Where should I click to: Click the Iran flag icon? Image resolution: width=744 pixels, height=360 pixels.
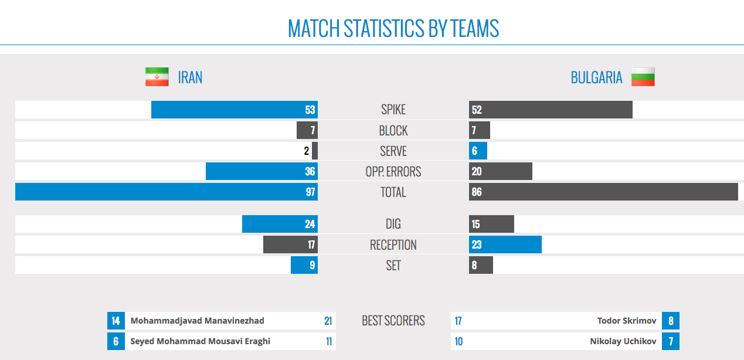[157, 77]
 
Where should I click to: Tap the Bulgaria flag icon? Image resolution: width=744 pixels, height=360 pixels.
[643, 77]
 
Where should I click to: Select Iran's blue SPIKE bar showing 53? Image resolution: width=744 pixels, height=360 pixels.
[234, 110]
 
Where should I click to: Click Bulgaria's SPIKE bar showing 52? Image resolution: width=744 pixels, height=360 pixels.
[551, 110]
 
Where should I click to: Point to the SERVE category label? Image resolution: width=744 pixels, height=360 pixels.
[393, 151]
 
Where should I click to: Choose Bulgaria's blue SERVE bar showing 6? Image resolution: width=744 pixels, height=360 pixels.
[478, 151]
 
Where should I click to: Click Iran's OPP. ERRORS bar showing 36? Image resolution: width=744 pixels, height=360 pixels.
[261, 171]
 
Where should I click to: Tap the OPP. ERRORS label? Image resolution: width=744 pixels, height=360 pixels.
[393, 172]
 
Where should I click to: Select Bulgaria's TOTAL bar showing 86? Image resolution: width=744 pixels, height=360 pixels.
[603, 192]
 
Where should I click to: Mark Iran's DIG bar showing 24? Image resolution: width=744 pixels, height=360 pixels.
[280, 224]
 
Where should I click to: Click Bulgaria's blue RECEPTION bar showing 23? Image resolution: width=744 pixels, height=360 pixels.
[505, 244]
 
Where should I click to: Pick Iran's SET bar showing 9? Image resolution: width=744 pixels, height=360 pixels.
[304, 265]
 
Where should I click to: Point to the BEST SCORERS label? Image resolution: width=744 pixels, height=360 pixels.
[393, 321]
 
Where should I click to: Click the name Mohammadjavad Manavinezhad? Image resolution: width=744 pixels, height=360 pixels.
[197, 321]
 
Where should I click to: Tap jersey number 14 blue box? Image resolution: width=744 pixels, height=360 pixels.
[115, 321]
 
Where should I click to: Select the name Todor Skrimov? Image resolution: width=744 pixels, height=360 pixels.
[626, 321]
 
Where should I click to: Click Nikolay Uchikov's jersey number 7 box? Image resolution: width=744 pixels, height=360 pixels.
[671, 341]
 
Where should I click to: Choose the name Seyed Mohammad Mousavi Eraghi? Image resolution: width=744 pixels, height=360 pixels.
[200, 341]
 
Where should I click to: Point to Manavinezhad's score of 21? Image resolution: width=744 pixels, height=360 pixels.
[328, 321]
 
